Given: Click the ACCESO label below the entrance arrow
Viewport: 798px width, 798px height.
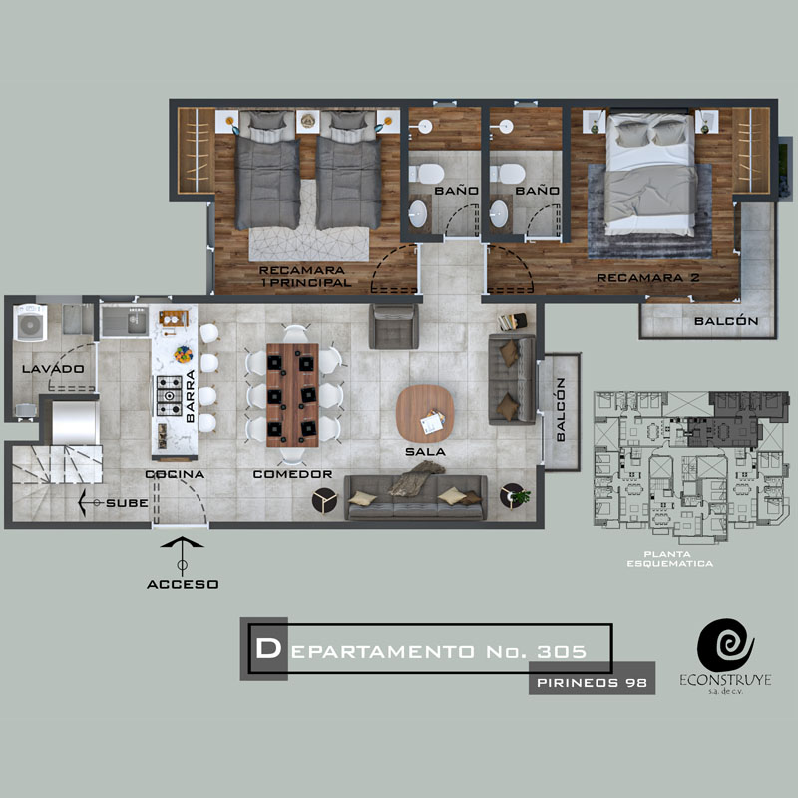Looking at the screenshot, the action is coord(183,584).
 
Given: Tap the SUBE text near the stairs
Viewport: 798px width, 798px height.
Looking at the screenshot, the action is coord(127,503).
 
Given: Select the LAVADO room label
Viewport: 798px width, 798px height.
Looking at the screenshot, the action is coord(53,369).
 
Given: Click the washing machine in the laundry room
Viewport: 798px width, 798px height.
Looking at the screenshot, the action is coord(30,322).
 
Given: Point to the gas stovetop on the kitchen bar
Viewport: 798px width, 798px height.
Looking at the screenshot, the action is coord(169,395).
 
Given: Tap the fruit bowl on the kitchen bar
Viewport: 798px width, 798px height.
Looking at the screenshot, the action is coord(184,354).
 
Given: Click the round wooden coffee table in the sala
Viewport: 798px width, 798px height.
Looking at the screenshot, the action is coord(425,414).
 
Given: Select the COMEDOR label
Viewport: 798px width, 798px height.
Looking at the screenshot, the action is coord(292,474).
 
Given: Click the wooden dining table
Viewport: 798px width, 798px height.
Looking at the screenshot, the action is coord(292,395).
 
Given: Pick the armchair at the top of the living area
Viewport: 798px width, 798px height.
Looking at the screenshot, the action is coord(394,326).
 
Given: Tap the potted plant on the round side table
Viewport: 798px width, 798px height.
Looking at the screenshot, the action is coord(521,495).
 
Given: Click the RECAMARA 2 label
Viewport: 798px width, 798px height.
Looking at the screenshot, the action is coord(648,278).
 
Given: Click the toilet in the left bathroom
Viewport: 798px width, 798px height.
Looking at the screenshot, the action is coord(427,174).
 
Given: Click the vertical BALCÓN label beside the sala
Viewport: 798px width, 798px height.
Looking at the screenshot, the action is coord(561,409).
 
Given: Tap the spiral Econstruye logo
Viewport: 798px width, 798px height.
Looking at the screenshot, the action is coord(726,645).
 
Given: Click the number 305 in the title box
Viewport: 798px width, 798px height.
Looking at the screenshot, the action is coord(562,652).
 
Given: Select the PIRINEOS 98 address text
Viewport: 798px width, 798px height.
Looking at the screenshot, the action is coord(592,683).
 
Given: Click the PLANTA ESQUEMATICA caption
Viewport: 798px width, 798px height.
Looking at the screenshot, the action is coord(669,559).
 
